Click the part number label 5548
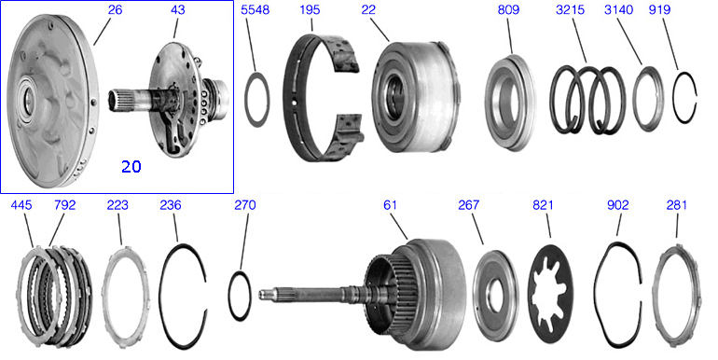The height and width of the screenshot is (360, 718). pos(255,10)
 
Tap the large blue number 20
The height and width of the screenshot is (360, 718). pos(131,167)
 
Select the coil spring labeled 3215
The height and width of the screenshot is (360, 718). pos(587,101)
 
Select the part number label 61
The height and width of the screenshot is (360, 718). pos(390,206)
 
